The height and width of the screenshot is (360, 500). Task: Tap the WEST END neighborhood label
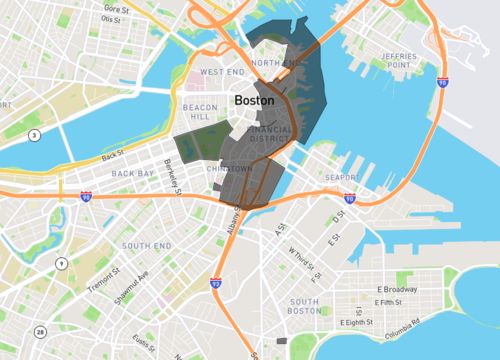pyautogui.click(x=222, y=73)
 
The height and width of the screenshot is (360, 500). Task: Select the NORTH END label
pyautogui.click(x=276, y=63)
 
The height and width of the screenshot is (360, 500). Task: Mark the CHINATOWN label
pyautogui.click(x=229, y=170)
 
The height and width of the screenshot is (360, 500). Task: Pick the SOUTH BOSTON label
pyautogui.click(x=304, y=306)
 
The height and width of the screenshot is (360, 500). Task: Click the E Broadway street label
pyautogui.click(x=396, y=289)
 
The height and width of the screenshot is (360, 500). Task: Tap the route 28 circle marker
pyautogui.click(x=41, y=332)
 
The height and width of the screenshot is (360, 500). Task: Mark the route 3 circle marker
pyautogui.click(x=34, y=134)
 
